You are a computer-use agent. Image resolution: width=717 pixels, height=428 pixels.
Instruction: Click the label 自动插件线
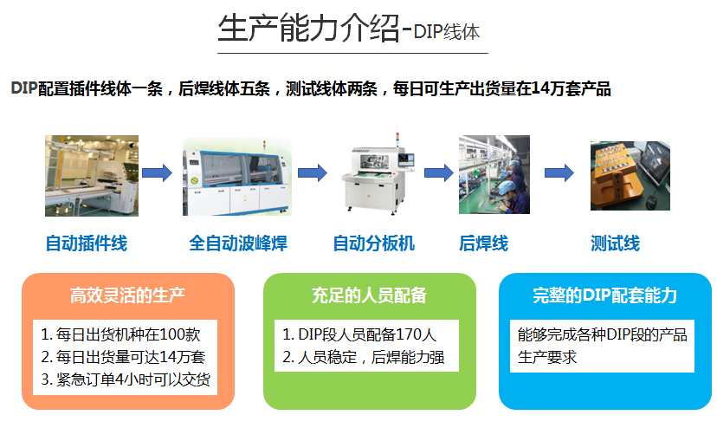click(x=87, y=243)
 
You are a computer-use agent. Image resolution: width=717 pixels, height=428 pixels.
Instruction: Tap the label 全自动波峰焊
click(x=238, y=243)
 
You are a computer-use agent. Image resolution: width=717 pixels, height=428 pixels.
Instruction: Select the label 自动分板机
click(x=373, y=243)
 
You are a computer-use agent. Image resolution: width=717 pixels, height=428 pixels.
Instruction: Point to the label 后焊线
click(x=483, y=243)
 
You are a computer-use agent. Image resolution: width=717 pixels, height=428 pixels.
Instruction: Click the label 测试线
click(x=615, y=243)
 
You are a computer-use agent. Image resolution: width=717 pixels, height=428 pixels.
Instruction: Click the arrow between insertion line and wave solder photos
click(x=157, y=173)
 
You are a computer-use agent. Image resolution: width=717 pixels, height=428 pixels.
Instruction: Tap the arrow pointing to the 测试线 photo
click(x=559, y=173)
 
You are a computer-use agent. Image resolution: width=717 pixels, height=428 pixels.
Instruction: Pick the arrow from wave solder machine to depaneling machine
click(x=313, y=173)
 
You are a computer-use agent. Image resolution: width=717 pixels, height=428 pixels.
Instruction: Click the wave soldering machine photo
click(x=237, y=177)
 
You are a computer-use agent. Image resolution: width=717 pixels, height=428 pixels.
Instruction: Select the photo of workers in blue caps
click(x=494, y=174)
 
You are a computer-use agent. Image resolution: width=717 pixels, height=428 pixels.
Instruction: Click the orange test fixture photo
click(x=630, y=176)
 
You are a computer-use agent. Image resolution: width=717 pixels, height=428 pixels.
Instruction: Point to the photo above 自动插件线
click(x=92, y=176)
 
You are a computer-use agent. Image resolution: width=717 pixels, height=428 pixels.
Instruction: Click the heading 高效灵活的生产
click(x=127, y=295)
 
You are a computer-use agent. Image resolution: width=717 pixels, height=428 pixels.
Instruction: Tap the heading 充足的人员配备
click(x=369, y=295)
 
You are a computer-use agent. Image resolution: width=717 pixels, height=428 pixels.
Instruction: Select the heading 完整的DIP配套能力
click(x=604, y=295)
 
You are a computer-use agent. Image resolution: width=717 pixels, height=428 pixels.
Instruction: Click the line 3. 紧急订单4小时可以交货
click(x=126, y=379)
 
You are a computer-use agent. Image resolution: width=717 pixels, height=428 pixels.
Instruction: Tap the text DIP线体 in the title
click(x=447, y=32)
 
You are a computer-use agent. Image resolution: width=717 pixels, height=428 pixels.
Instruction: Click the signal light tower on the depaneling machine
click(x=397, y=139)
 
